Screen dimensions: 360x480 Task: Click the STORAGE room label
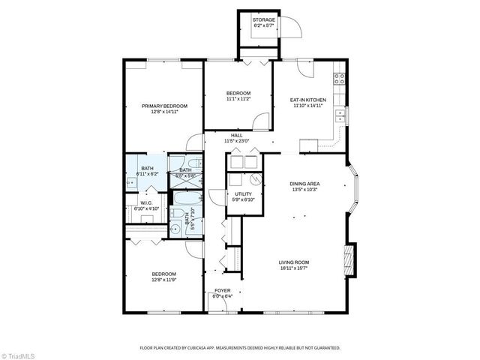click(x=262, y=19)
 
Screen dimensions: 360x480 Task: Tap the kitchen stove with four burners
click(x=339, y=78)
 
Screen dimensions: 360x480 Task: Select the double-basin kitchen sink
click(x=340, y=115)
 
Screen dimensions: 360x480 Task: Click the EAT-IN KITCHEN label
click(x=307, y=100)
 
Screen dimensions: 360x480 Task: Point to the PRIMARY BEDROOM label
click(x=164, y=106)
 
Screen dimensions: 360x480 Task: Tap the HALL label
click(x=236, y=135)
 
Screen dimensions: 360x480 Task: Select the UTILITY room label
click(x=244, y=193)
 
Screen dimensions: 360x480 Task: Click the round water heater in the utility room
click(x=255, y=179)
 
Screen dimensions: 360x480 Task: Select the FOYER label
click(x=223, y=290)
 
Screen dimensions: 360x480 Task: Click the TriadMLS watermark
click(x=19, y=353)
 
